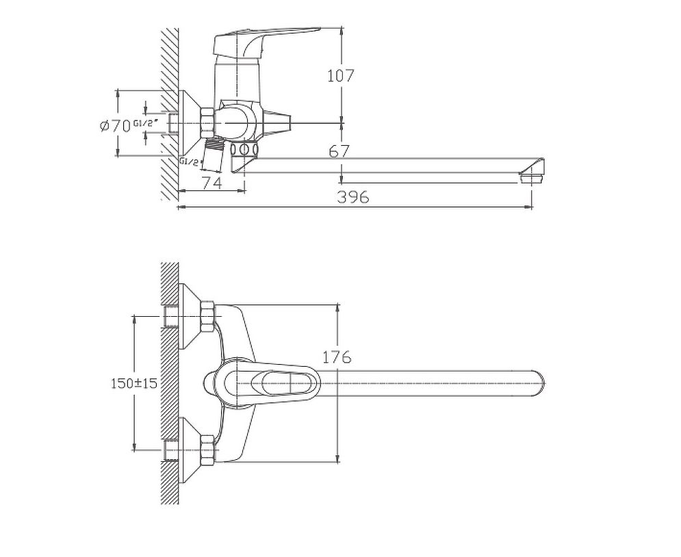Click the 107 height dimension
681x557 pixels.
coord(341,75)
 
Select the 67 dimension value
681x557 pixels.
coord(339,151)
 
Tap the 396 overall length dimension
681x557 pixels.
coord(353,196)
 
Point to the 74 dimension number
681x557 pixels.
coord(212,183)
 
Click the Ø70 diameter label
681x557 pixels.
coord(115,127)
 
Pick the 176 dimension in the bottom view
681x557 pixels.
coord(337,357)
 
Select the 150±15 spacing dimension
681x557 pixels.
coord(133,383)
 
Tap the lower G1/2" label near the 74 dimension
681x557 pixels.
coord(191,162)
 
